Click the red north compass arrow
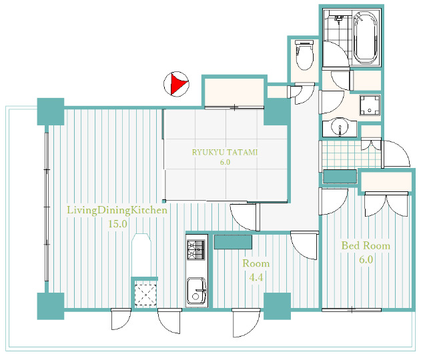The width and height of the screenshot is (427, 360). (x=178, y=84)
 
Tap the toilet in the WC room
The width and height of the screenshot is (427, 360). (x=305, y=55)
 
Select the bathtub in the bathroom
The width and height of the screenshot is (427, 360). (x=366, y=37)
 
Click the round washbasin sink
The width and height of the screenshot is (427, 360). (x=340, y=128)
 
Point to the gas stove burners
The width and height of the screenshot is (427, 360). (x=195, y=249)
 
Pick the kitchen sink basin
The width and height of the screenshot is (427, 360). (x=197, y=291)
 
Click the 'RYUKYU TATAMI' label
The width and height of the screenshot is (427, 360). (x=225, y=152)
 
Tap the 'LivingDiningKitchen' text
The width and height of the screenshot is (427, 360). (x=117, y=211)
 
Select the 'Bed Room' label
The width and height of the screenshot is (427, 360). (x=366, y=246)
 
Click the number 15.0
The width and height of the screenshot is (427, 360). (x=117, y=224)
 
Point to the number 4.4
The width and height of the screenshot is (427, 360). (x=256, y=277)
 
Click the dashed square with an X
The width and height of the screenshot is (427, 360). (x=145, y=295)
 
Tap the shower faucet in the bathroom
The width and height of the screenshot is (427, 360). (x=338, y=19)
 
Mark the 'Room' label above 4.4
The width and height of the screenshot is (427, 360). (x=256, y=263)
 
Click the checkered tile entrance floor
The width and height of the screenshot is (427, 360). (x=352, y=154)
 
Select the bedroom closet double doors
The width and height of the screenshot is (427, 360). (x=386, y=205)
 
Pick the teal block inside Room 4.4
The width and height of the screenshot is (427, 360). (x=233, y=242)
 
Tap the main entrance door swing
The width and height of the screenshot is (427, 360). (x=396, y=154)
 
